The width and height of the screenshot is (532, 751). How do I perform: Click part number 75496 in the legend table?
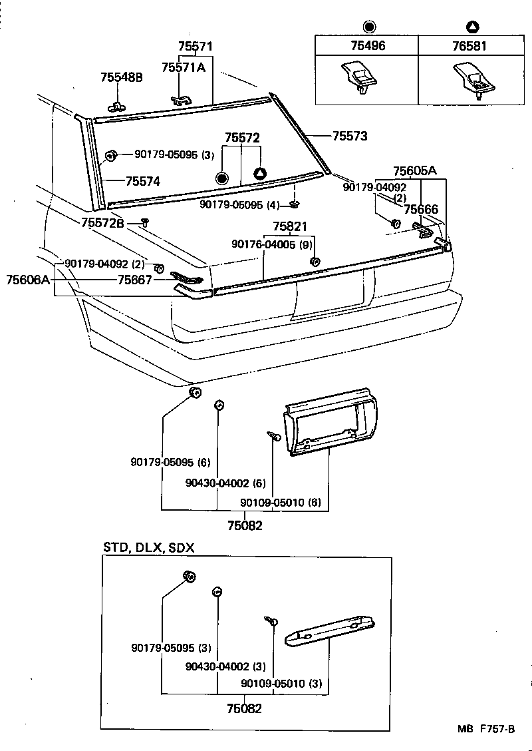coord(367,46)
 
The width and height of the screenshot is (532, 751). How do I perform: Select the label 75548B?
coord(122,77)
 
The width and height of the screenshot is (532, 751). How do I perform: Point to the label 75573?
coord(350,136)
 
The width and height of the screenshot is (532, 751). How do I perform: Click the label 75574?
coord(143,180)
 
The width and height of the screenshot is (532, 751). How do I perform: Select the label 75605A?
coord(414,170)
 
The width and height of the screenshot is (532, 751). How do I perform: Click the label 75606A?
coord(28,280)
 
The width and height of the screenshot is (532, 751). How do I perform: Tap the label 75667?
coord(134,280)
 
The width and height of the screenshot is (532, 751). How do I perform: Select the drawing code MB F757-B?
coord(485,729)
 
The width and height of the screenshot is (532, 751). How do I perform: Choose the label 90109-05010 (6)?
coord(281,503)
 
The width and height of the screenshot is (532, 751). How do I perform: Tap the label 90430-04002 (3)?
coord(226,666)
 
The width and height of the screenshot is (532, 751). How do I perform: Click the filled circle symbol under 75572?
coord(222,178)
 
